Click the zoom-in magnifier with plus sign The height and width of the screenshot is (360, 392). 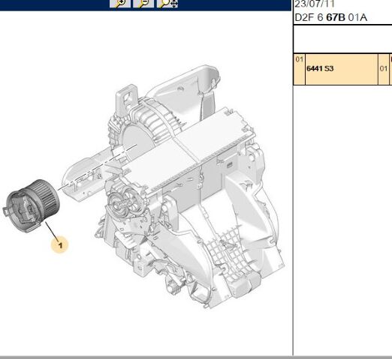[120, 4]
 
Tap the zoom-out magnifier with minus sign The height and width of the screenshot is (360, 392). [143, 4]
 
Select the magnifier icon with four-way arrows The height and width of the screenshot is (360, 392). [167, 4]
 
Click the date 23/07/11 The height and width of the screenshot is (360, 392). [314, 4]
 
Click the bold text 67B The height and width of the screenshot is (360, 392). [336, 17]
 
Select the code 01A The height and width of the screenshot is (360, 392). [357, 17]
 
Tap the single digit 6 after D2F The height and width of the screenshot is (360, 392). [320, 17]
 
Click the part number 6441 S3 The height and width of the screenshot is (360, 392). [320, 68]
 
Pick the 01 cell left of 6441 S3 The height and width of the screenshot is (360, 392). [300, 59]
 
